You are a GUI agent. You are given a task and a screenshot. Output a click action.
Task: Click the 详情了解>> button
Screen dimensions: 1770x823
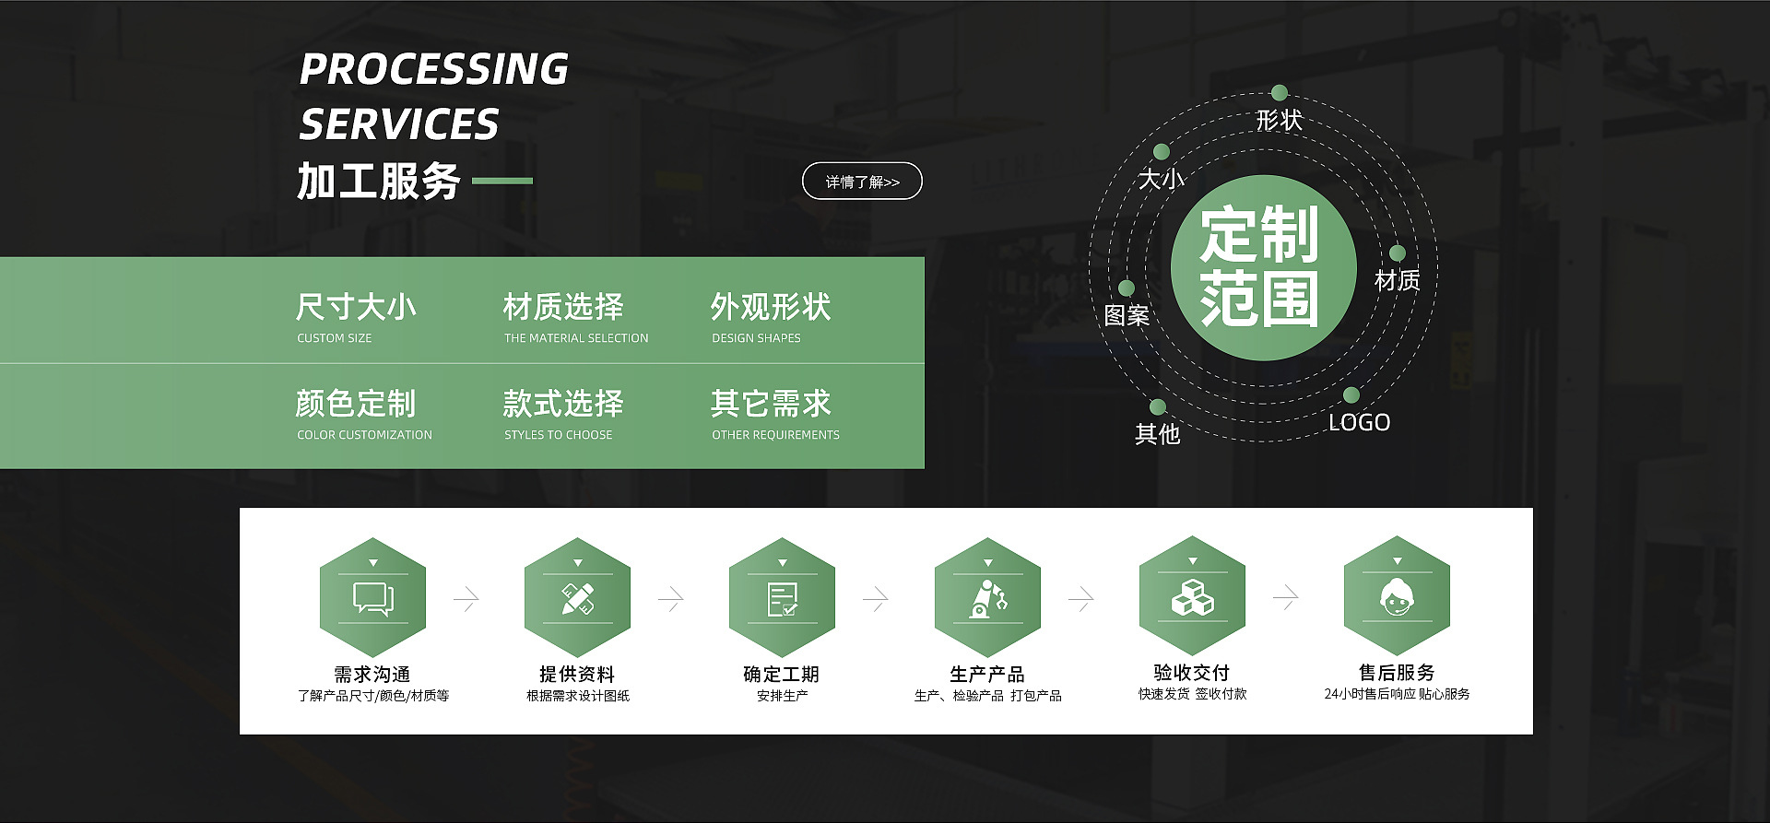click(x=862, y=182)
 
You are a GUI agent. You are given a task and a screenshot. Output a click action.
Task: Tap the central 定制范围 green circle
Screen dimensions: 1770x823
click(x=1263, y=267)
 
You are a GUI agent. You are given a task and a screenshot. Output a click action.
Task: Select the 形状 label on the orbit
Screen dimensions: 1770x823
click(x=1279, y=121)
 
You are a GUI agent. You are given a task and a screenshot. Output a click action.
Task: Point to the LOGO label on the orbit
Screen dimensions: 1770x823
click(x=1359, y=423)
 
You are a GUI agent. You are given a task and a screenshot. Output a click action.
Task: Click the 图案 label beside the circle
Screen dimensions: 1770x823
click(x=1127, y=316)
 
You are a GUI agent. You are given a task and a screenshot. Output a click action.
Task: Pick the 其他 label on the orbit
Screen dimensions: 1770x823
click(x=1157, y=434)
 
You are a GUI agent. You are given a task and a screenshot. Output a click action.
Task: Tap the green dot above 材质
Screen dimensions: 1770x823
click(x=1398, y=253)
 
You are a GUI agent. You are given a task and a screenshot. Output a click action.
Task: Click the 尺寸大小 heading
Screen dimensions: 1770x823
click(x=356, y=307)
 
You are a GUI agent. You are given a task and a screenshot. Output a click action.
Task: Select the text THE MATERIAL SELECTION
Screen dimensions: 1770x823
click(x=576, y=338)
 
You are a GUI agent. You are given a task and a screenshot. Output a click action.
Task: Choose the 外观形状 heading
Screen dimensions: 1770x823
click(x=771, y=307)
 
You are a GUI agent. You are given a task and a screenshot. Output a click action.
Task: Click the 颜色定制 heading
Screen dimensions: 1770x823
click(x=356, y=404)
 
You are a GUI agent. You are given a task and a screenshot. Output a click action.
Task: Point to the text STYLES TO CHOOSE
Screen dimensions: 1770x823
click(x=558, y=435)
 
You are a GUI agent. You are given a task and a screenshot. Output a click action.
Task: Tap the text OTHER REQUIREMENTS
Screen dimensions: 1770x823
click(x=775, y=435)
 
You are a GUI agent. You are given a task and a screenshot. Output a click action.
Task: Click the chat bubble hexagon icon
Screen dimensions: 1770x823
click(x=372, y=597)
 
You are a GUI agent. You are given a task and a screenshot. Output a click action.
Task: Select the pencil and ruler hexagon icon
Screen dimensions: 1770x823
click(x=578, y=597)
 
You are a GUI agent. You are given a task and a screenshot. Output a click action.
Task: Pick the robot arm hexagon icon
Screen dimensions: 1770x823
click(x=987, y=597)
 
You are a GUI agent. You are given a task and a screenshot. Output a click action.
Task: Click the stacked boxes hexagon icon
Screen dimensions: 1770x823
click(x=1192, y=596)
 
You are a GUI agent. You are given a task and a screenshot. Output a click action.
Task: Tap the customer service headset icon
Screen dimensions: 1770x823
click(x=1398, y=596)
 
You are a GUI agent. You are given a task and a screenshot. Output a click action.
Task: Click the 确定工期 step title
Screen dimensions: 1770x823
click(x=782, y=675)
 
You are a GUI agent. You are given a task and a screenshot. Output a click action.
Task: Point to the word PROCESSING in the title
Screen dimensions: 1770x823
click(x=434, y=69)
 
